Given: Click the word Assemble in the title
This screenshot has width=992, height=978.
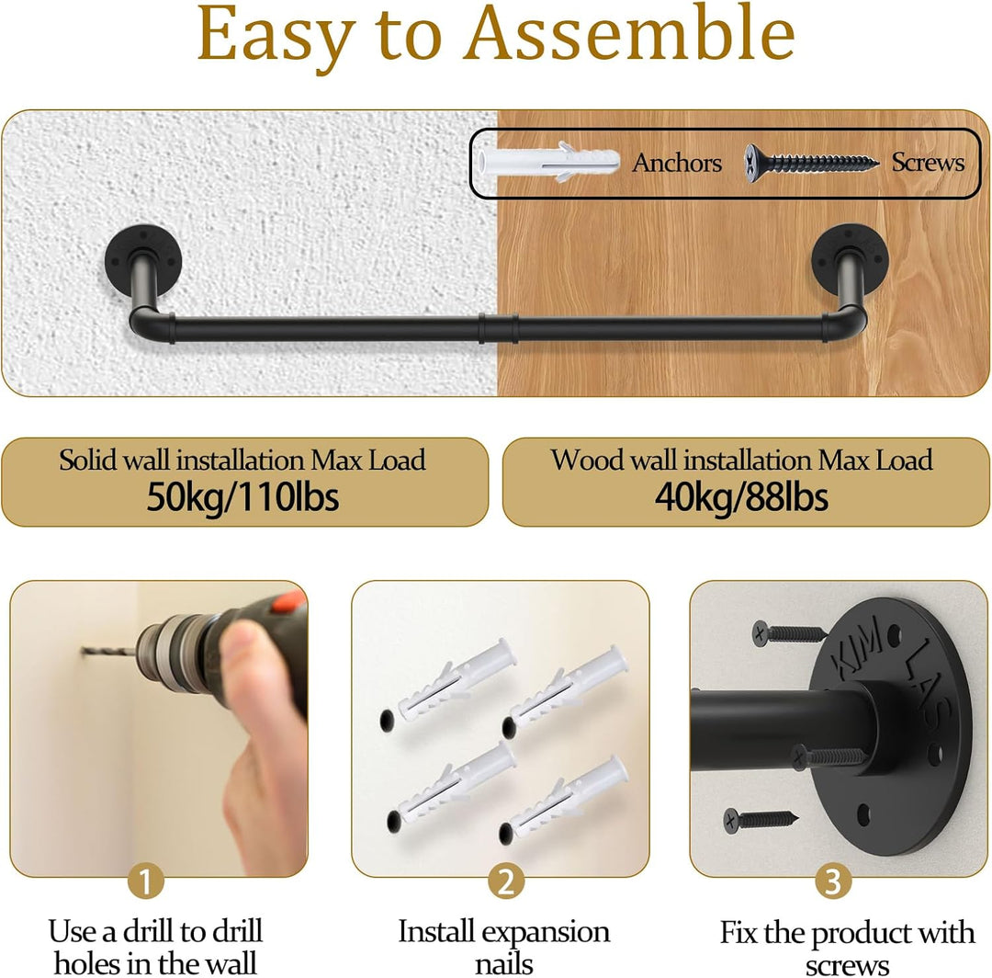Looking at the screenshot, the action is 630,34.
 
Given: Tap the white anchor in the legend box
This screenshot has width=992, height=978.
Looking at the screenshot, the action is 547,162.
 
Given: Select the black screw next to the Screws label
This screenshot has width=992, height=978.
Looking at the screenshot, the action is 812,163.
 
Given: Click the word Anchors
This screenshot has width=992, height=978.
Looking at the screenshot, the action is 677,164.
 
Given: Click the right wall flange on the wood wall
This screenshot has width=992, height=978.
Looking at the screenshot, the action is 851,258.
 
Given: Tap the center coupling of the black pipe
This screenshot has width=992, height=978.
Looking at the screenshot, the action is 499,328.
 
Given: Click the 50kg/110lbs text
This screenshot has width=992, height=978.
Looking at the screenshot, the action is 242,497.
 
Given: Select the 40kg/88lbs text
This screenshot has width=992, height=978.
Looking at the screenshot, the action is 741,497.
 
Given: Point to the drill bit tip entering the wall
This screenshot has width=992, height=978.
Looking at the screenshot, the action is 84,650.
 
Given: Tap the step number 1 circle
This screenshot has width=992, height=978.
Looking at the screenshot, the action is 145,881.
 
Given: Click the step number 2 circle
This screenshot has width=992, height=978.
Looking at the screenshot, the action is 506,881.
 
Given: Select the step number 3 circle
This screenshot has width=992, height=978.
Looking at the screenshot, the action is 832,881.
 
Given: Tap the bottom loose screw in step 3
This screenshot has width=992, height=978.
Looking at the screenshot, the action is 761,820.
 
